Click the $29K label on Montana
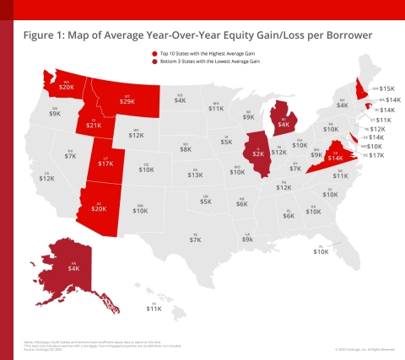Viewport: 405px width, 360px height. (x=130, y=102)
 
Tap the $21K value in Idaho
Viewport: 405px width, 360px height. (x=94, y=126)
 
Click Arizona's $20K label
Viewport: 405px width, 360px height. (x=99, y=208)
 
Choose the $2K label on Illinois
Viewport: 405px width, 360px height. (x=256, y=154)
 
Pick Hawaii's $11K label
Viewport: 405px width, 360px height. (x=154, y=309)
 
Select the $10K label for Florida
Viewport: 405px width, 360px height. (x=321, y=252)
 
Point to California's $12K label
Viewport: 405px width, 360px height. (x=47, y=178)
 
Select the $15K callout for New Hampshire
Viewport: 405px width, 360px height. (x=387, y=88)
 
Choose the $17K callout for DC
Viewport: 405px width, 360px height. (x=376, y=156)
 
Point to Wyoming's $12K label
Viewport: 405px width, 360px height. (x=137, y=135)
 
